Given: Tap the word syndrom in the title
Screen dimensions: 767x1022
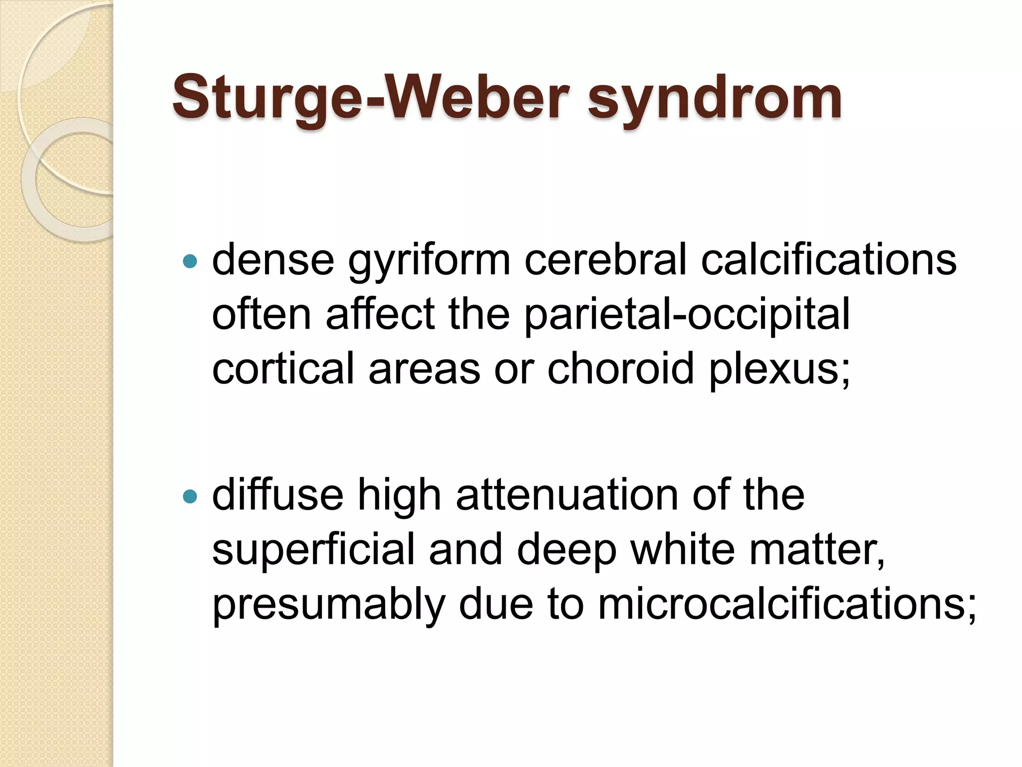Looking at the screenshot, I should pyautogui.click(x=715, y=99).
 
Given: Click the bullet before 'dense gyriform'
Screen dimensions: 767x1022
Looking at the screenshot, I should pyautogui.click(x=190, y=261).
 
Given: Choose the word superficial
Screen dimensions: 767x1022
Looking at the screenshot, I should pyautogui.click(x=313, y=550).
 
